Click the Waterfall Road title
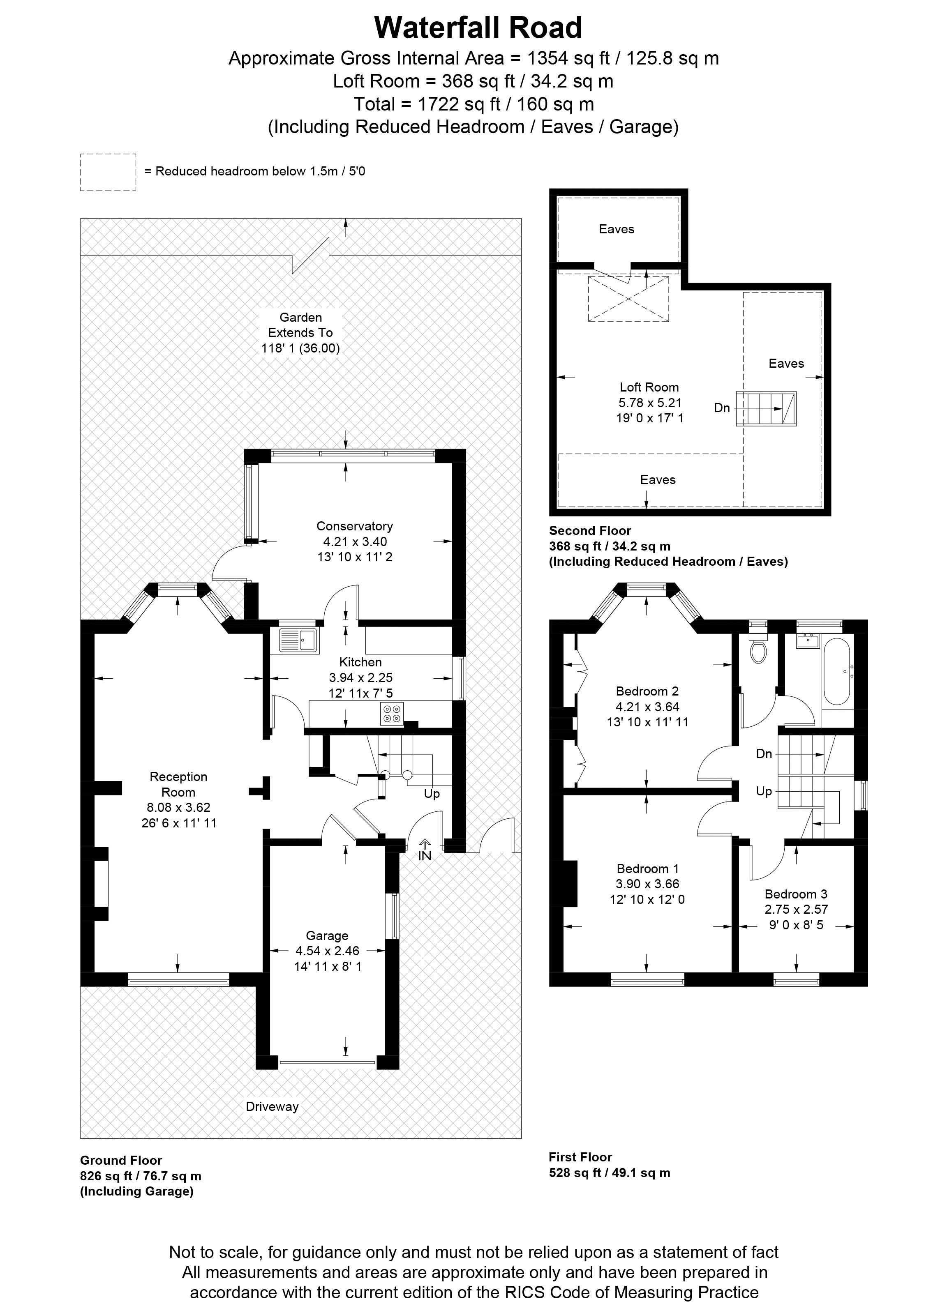478,28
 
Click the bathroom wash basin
807,641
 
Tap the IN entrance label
425,856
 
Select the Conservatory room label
354,526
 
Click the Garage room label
327,935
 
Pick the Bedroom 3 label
796,894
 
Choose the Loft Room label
649,387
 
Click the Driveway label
272,1106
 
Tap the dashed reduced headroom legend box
108,172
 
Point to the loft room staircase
766,409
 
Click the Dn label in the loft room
722,408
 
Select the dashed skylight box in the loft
628,299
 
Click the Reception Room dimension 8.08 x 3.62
178,808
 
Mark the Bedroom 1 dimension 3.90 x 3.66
647,884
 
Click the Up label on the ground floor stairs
432,794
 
